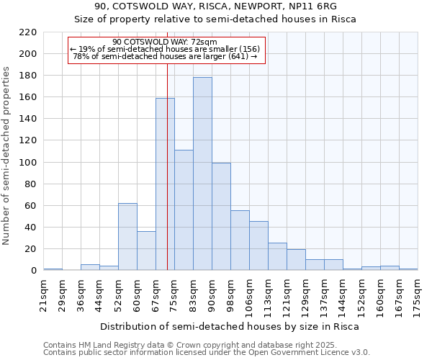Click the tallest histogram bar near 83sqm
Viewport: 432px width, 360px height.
click(x=202, y=174)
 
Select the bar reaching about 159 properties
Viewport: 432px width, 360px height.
click(x=165, y=184)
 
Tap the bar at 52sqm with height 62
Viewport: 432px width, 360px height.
click(x=127, y=237)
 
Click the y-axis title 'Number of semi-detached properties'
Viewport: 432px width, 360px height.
click(x=7, y=156)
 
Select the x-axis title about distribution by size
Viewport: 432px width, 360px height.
click(x=229, y=326)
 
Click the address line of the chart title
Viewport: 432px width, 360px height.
click(x=215, y=6)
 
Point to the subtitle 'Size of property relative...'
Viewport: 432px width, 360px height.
click(x=215, y=19)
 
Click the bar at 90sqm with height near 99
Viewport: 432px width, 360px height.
click(x=221, y=217)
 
